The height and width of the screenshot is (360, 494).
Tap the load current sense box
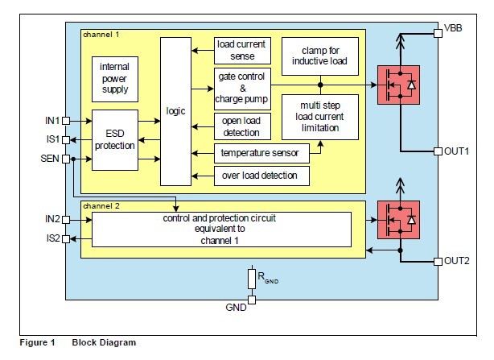coord(241,50)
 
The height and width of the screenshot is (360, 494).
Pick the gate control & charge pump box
coord(241,89)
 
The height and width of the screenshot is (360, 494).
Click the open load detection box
coord(241,126)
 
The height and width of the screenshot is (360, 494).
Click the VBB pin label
coord(453,28)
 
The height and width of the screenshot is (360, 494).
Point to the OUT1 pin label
coord(456,151)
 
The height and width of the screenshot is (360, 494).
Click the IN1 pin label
coord(51,120)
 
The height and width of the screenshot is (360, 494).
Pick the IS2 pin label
coord(51,238)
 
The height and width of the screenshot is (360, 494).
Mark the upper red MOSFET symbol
coord(398,84)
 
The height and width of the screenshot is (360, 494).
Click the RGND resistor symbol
coord(253,278)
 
